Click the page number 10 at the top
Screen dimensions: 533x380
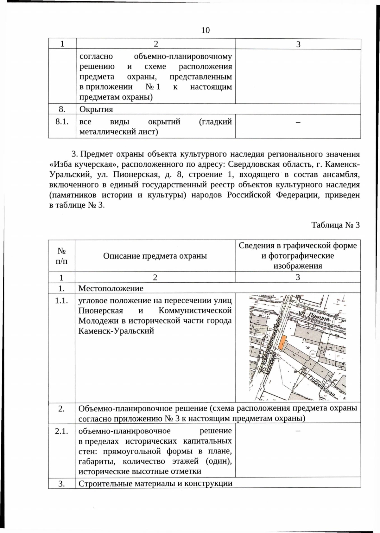click(205, 30)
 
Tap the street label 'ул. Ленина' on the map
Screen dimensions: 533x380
click(314, 316)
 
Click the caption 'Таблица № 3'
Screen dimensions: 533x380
click(335, 225)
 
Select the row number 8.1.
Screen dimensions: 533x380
click(62, 122)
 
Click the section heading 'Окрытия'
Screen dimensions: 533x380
click(96, 109)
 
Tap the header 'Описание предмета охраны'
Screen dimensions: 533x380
click(155, 256)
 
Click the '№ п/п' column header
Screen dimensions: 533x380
click(61, 256)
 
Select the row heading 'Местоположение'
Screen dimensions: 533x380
click(111, 288)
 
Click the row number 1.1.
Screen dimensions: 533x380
click(61, 301)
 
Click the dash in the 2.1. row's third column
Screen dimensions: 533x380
click(298, 431)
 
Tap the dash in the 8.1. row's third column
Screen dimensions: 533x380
click(298, 122)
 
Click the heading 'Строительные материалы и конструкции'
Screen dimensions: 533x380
click(155, 483)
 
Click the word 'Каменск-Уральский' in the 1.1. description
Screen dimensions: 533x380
click(116, 331)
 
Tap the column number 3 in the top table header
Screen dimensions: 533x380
click(298, 44)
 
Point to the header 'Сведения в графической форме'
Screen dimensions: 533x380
click(298, 246)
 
